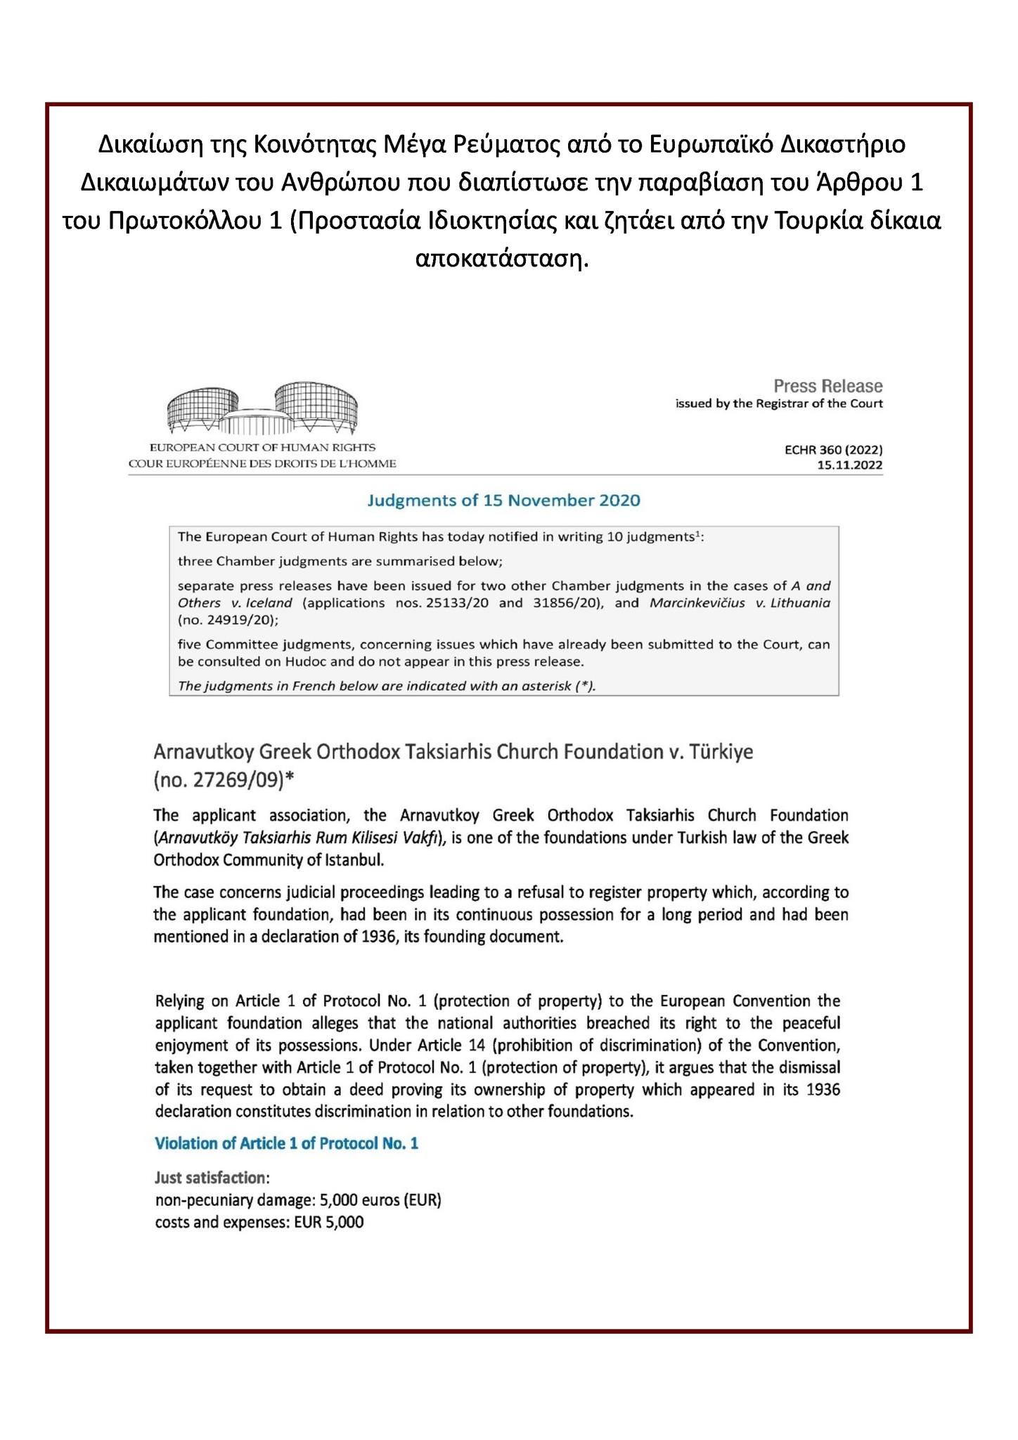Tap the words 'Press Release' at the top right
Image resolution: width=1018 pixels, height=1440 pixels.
(827, 386)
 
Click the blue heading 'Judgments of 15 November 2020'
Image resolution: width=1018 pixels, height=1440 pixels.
(504, 501)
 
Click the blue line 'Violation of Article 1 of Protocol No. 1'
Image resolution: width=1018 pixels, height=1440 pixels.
(286, 1143)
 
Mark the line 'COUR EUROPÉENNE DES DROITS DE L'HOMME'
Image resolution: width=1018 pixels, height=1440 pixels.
(262, 463)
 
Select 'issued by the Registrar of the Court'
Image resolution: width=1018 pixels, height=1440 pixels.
(779, 404)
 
